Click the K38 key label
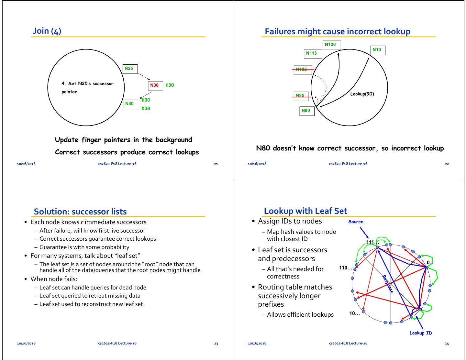146,109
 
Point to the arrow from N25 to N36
144,77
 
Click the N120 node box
332,45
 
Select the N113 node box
313,53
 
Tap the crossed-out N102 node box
303,70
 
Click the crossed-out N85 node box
302,96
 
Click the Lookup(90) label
362,94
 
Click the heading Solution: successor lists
80,212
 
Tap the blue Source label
356,222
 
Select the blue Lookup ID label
421,333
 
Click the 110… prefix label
346,268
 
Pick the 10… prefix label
354,313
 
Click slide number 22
447,164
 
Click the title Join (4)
47,31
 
